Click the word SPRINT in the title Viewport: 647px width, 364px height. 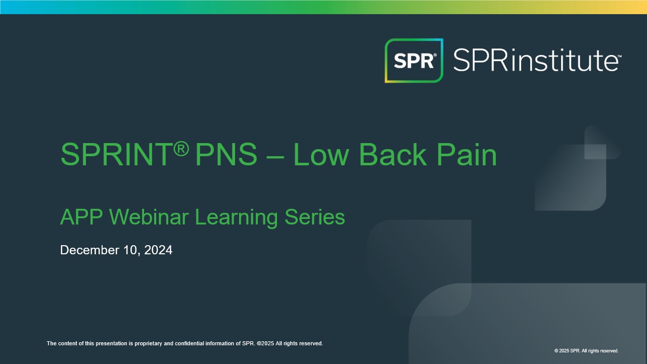click(118, 155)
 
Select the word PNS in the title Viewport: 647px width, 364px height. click(226, 155)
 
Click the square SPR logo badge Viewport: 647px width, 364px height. click(414, 61)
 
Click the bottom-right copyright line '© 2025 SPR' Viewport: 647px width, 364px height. click(586, 351)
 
